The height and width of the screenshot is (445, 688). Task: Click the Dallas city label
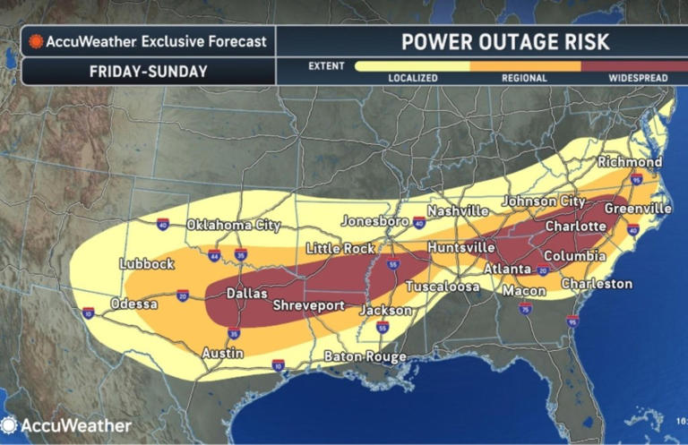click(246, 293)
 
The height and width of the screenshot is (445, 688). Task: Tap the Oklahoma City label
click(233, 226)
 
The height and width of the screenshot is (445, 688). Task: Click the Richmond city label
click(632, 162)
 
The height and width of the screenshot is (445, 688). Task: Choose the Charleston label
click(597, 284)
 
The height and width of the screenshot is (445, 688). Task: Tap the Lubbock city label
click(146, 264)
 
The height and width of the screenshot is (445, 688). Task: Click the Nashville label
click(458, 211)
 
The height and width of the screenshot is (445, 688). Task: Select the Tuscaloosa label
click(441, 287)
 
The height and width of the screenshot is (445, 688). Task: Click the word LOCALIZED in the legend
click(412, 78)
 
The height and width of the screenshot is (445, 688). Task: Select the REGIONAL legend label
click(524, 78)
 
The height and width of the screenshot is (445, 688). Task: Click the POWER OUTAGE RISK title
click(480, 41)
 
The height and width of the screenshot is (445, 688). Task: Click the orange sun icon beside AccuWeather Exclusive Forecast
click(38, 41)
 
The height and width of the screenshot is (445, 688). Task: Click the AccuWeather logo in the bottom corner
click(67, 426)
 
